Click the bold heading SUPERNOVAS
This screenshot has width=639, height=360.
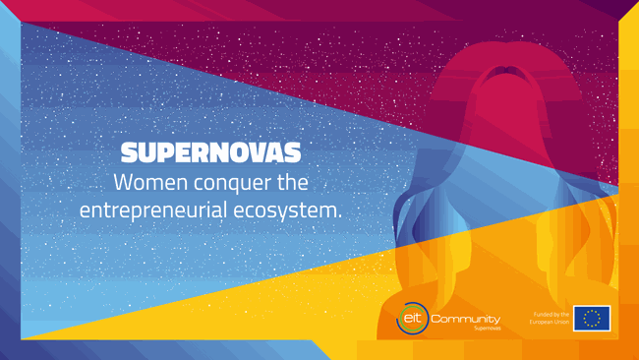210,153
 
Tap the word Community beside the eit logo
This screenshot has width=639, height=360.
466,318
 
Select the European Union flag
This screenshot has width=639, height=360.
592,318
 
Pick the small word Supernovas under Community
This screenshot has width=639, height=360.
487,329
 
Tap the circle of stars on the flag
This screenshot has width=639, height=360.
592,318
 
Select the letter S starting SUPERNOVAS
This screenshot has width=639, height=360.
128,153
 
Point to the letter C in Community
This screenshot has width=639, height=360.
437,318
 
